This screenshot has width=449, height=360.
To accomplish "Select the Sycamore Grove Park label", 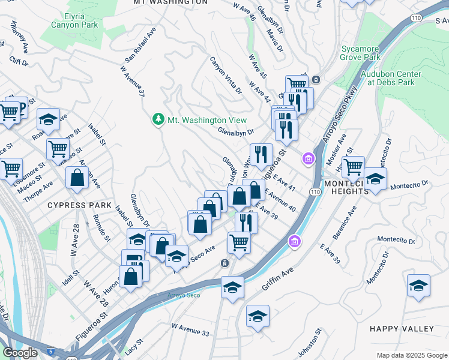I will coord(361,53).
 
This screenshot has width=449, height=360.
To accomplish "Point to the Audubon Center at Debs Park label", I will coord(391,78).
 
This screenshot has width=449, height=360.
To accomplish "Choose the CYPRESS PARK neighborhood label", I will coord(80,205).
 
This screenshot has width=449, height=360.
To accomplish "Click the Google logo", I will coord(20,353).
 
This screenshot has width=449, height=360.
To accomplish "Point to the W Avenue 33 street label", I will coord(190,329).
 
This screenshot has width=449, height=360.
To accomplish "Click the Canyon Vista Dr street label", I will coord(225,76).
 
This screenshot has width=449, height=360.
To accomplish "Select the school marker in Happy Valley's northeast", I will coord(418,286).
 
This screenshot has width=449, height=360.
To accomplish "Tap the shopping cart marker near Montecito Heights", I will coord(354,166).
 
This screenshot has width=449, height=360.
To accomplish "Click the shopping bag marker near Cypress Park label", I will coord(78,178).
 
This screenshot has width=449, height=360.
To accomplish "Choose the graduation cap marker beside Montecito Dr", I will coord(375,179).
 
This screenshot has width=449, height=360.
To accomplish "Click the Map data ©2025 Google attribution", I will coord(412,355).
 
